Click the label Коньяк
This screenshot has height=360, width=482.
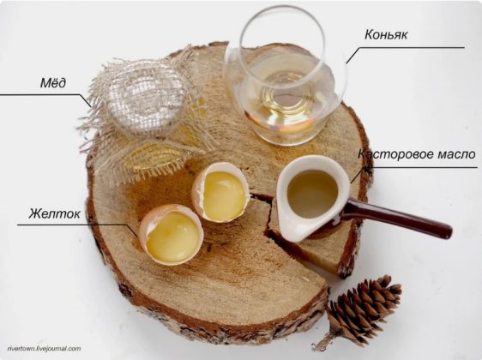(x=386, y=34)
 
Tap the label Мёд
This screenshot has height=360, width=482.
(x=53, y=83)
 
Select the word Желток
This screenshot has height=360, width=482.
(x=54, y=213)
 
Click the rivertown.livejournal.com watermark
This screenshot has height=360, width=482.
(x=44, y=349)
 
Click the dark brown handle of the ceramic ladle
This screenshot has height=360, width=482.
(x=396, y=218)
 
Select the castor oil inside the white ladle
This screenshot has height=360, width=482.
(x=312, y=194)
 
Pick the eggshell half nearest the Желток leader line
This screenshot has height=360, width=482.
(x=171, y=234)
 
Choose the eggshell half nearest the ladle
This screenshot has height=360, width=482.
(x=220, y=192)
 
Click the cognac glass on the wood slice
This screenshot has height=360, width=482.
(x=286, y=77)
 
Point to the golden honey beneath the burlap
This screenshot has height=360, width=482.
(x=154, y=157)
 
